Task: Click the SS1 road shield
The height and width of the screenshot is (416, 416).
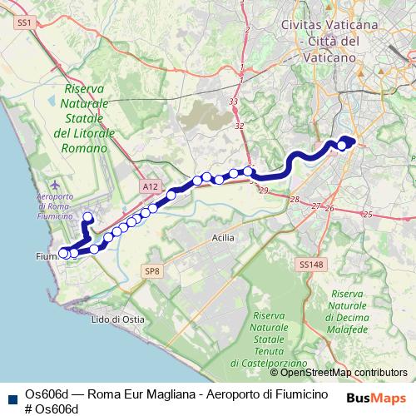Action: coord(23,25)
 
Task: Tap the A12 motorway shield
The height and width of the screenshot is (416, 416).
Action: coord(150,187)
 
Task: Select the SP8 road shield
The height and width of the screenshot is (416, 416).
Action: coord(151,271)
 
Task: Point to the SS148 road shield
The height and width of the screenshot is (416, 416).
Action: coord(308,265)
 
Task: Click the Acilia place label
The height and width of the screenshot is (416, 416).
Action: coord(219,238)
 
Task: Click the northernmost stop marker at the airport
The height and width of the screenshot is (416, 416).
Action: coord(88,216)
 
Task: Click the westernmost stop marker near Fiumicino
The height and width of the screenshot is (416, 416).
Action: coord(63,252)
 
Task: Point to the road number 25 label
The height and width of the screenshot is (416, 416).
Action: coord(368,214)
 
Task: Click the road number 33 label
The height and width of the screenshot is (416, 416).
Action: coord(234,102)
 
